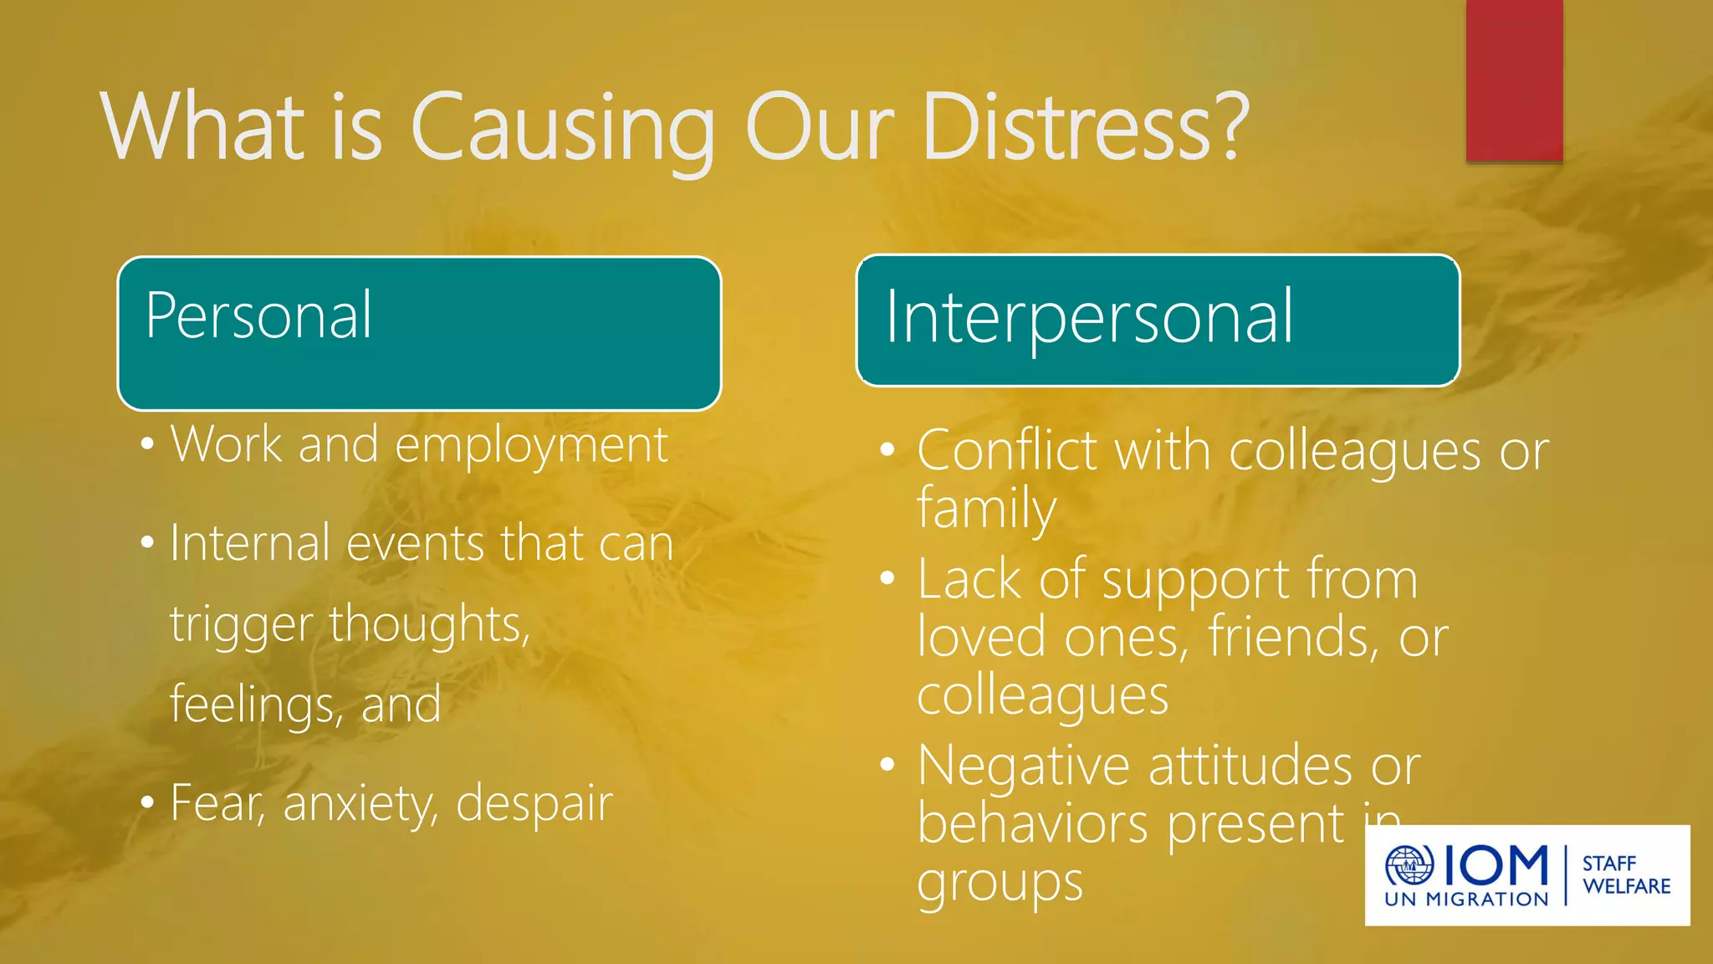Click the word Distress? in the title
pos(1085,127)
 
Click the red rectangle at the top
pos(1514,80)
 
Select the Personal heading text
pos(258,316)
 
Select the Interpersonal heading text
pos(1089,318)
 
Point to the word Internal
pos(250,543)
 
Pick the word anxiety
pos(360,804)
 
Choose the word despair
pos(534,804)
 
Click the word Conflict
pos(1007,451)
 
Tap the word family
pos(986,509)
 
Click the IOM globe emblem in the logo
pos(1409,865)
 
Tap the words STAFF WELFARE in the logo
pos(1625,874)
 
